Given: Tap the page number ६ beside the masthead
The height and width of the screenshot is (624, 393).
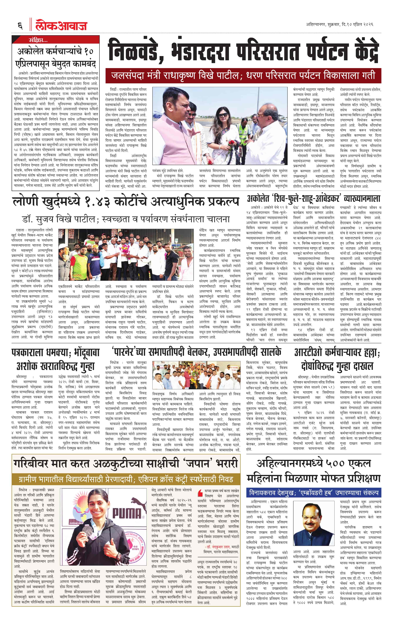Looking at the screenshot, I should pos(20,26).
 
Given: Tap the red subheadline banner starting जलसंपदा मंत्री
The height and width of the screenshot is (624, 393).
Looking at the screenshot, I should pos(243,76).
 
